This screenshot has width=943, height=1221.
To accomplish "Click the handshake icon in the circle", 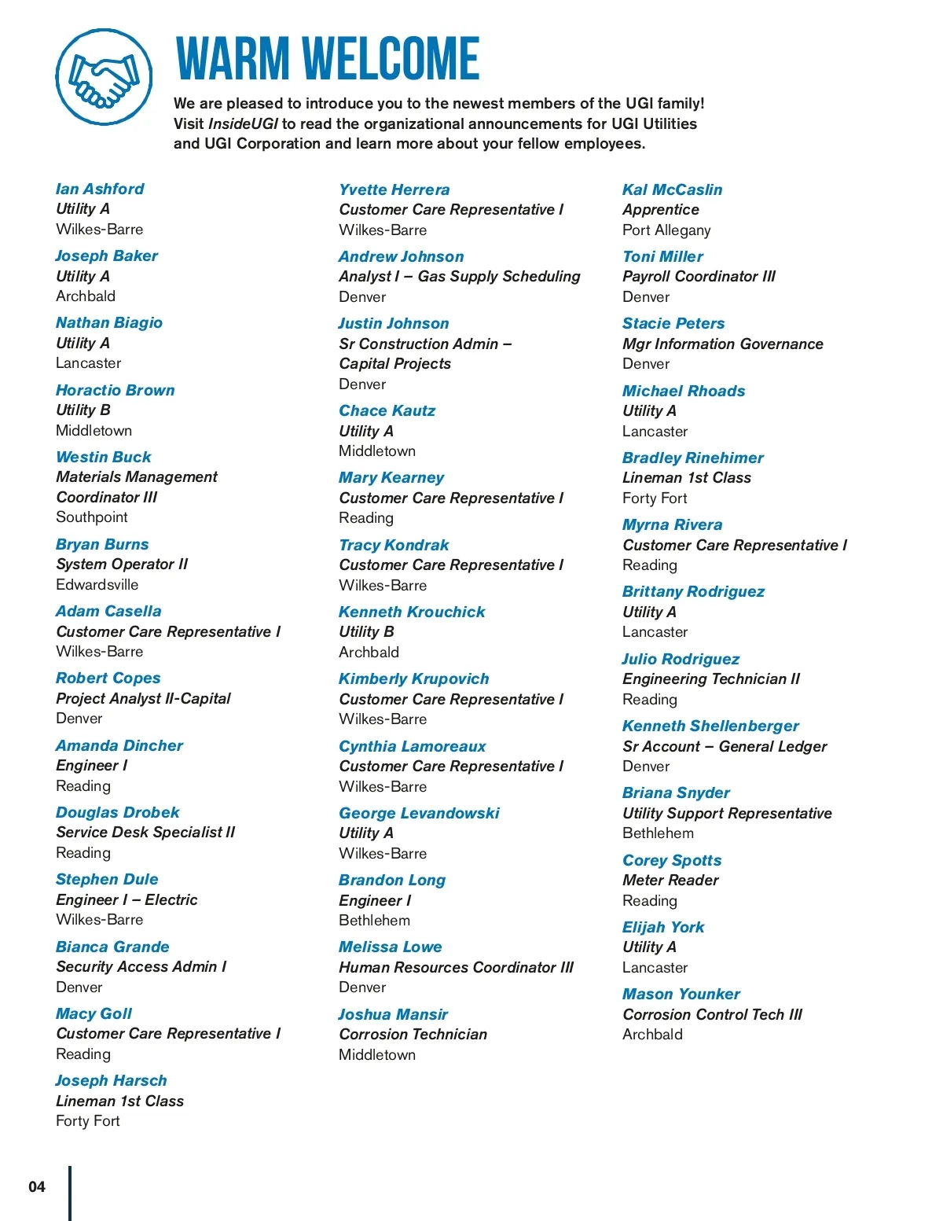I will (x=103, y=77).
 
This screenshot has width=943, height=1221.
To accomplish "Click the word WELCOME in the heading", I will (x=391, y=59).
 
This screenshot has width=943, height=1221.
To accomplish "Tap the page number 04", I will (x=37, y=1186).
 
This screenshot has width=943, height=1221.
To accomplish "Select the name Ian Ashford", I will (x=100, y=189).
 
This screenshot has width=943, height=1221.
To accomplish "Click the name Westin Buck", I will (x=104, y=457).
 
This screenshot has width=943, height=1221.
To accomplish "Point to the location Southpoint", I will (x=92, y=517).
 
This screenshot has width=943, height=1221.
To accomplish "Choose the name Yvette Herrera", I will (x=394, y=189).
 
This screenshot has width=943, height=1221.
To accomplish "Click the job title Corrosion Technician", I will (x=413, y=1034).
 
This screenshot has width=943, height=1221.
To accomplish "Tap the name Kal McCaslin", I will (x=672, y=189).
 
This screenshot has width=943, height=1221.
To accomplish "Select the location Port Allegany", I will (x=666, y=230).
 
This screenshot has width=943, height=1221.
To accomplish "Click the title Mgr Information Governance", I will (x=722, y=344).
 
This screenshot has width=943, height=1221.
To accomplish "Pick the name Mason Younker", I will (x=681, y=994).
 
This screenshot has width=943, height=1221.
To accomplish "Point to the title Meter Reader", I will (x=670, y=880).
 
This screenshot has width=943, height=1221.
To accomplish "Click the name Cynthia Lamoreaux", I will (x=413, y=746).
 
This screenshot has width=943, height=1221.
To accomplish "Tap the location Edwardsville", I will (x=97, y=585).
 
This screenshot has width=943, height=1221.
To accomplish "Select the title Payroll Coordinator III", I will (x=699, y=276).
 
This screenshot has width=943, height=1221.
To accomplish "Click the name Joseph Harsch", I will (x=111, y=1080).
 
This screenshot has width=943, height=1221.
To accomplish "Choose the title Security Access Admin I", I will (x=141, y=966).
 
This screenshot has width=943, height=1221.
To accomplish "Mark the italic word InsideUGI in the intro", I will (x=243, y=123).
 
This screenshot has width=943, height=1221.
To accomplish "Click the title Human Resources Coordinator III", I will (x=457, y=967).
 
